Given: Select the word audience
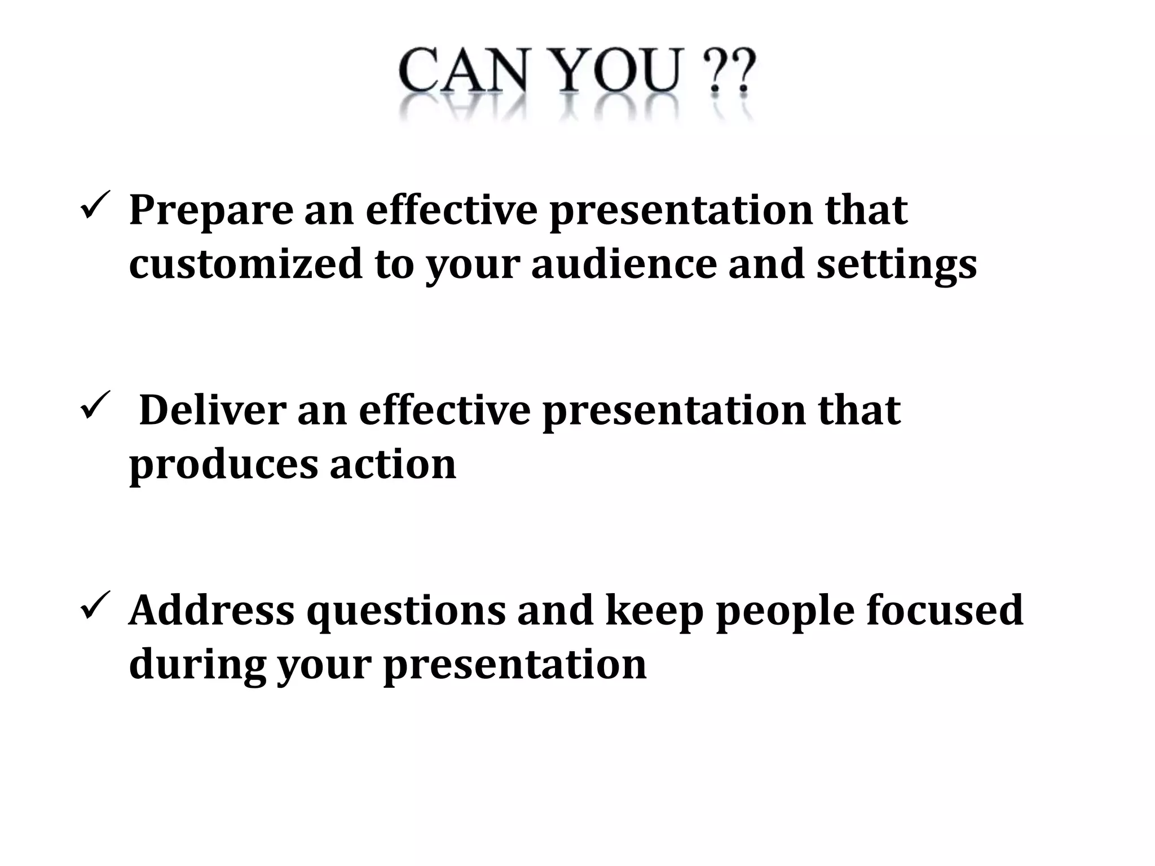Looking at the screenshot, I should click(x=623, y=264).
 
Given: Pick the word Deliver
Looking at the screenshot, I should click(x=211, y=410).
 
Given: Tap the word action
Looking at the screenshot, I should click(x=393, y=464).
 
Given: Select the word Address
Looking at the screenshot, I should click(x=211, y=610).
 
